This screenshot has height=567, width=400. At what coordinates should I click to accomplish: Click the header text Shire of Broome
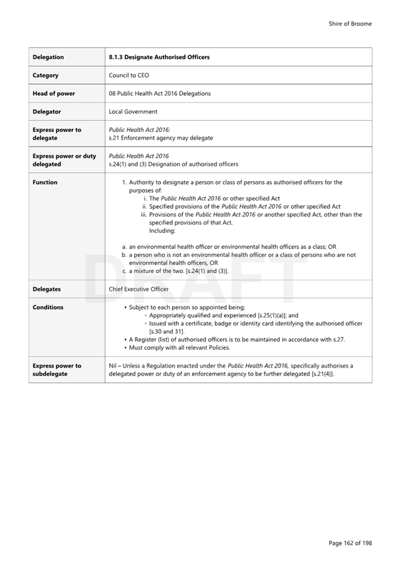tap(350, 24)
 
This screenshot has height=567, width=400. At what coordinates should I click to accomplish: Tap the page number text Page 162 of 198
tap(350, 542)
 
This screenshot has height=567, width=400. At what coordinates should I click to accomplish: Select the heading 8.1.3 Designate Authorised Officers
tap(159, 57)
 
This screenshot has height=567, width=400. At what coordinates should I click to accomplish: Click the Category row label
tap(46, 75)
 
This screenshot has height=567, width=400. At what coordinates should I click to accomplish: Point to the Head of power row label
tap(53, 93)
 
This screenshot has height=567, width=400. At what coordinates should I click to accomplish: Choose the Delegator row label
tap(47, 112)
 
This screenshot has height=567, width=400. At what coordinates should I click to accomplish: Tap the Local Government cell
tap(133, 112)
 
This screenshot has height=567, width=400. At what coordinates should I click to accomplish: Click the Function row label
tap(45, 182)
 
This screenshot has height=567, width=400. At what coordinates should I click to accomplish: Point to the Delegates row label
tap(47, 288)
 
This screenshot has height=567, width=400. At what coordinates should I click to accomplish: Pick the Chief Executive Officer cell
tap(138, 288)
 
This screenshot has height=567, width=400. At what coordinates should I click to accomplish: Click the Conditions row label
tap(48, 307)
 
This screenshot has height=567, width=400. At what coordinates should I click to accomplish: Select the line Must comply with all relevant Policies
tap(179, 347)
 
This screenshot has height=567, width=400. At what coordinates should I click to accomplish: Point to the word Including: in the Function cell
tap(162, 231)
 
